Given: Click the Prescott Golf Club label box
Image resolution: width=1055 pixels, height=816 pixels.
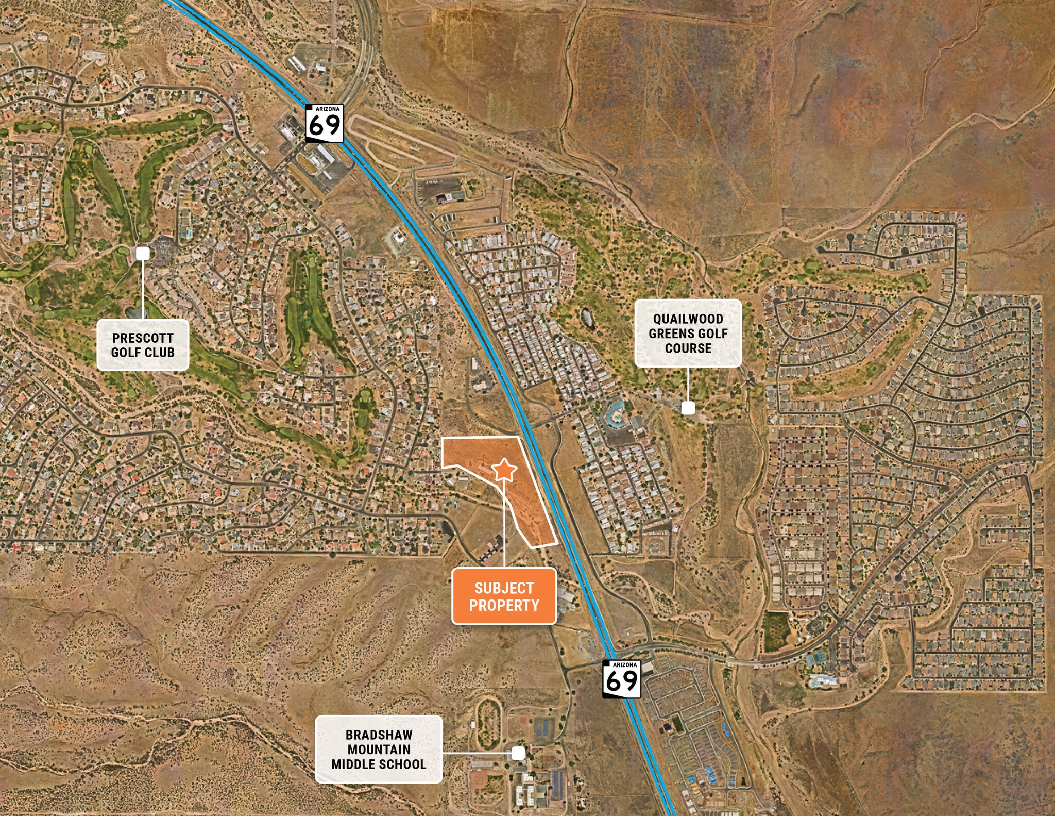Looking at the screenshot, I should [x=143, y=345].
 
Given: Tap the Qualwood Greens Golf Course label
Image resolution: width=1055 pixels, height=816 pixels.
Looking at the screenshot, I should [x=688, y=334].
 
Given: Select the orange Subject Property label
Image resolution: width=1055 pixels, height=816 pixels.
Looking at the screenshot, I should [x=504, y=596].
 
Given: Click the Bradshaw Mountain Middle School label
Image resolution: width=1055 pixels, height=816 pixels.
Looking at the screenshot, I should [x=379, y=750].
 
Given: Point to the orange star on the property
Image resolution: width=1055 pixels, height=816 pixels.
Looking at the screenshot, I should [x=504, y=470].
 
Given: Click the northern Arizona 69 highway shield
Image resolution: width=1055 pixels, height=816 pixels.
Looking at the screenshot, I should [x=324, y=123].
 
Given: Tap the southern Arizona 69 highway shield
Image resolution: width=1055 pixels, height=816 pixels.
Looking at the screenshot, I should [x=622, y=679].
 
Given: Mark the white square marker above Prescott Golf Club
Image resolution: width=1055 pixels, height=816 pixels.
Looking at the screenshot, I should [x=143, y=253].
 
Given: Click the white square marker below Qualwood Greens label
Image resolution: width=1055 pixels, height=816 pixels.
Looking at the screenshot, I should [x=688, y=408].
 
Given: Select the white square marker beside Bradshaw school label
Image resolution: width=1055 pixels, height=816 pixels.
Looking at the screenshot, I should [x=518, y=753].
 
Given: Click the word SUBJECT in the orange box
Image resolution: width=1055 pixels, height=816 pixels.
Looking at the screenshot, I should [x=504, y=588].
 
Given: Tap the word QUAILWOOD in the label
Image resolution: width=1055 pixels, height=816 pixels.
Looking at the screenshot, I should [x=688, y=319].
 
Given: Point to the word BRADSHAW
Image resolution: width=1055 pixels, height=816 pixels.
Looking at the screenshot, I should [x=379, y=735].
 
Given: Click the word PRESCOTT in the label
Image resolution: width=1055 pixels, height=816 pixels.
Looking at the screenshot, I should [x=143, y=338].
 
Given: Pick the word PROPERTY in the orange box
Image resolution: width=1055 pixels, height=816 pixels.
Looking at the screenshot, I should [x=504, y=605].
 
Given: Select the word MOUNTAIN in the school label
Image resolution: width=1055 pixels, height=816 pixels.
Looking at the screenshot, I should [x=379, y=750].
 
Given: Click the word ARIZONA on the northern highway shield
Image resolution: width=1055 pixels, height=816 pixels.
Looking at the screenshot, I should [x=327, y=109].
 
